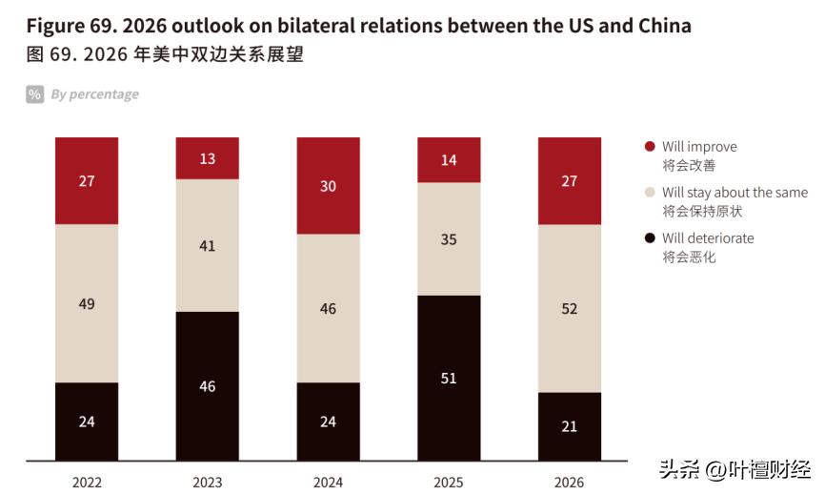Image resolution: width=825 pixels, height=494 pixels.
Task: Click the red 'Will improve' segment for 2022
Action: [87, 180]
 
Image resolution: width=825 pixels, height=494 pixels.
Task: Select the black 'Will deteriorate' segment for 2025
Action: [449, 378]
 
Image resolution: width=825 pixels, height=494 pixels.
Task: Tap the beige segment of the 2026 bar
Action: [569, 308]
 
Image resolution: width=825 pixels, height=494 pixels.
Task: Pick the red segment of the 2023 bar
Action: [208, 158]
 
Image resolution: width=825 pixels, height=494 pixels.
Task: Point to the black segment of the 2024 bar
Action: [328, 422]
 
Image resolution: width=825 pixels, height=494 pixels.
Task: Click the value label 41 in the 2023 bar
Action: [208, 245]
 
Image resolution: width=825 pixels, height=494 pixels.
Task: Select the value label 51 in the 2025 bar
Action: [449, 379]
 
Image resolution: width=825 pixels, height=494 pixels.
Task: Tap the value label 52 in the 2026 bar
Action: [569, 309]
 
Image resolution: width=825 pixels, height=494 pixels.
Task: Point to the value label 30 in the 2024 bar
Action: [328, 187]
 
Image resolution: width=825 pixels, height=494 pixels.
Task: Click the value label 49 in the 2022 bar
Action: [87, 303]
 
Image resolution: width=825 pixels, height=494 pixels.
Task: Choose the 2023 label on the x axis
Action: [208, 482]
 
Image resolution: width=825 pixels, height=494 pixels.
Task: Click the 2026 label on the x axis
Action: [569, 482]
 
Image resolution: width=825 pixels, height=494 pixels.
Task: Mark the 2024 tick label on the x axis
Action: [328, 482]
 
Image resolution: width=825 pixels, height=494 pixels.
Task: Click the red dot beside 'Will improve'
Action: [650, 147]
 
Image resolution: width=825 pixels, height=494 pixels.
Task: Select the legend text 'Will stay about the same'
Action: [734, 193]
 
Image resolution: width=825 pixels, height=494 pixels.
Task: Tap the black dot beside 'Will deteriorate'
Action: [650, 238]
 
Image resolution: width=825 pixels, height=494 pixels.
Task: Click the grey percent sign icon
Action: [35, 94]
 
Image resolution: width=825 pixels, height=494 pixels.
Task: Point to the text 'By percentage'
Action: [94, 94]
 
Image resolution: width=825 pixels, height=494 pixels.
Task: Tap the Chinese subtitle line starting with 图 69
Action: [165, 54]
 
